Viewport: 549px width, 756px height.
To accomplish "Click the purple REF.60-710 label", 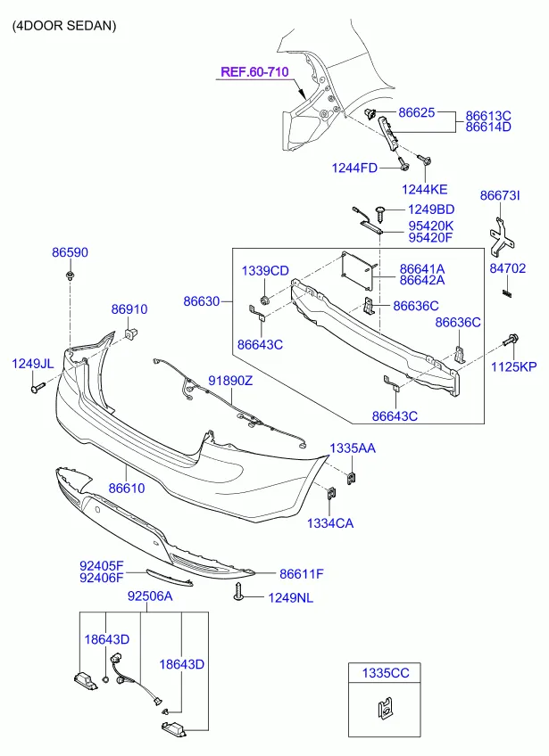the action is tap(254, 72).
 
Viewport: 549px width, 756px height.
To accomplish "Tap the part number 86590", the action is tap(70, 252).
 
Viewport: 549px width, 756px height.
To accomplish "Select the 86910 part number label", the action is tap(129, 309).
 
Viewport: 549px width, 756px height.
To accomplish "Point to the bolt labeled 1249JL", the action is tap(37, 387).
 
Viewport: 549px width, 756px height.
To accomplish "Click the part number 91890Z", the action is tap(230, 381).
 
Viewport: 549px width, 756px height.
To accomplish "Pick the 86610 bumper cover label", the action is tap(127, 488).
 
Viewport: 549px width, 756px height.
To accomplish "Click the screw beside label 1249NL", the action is tap(238, 592).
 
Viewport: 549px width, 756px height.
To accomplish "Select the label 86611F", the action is tap(302, 574).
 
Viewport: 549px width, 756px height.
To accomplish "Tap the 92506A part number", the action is tap(150, 596).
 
